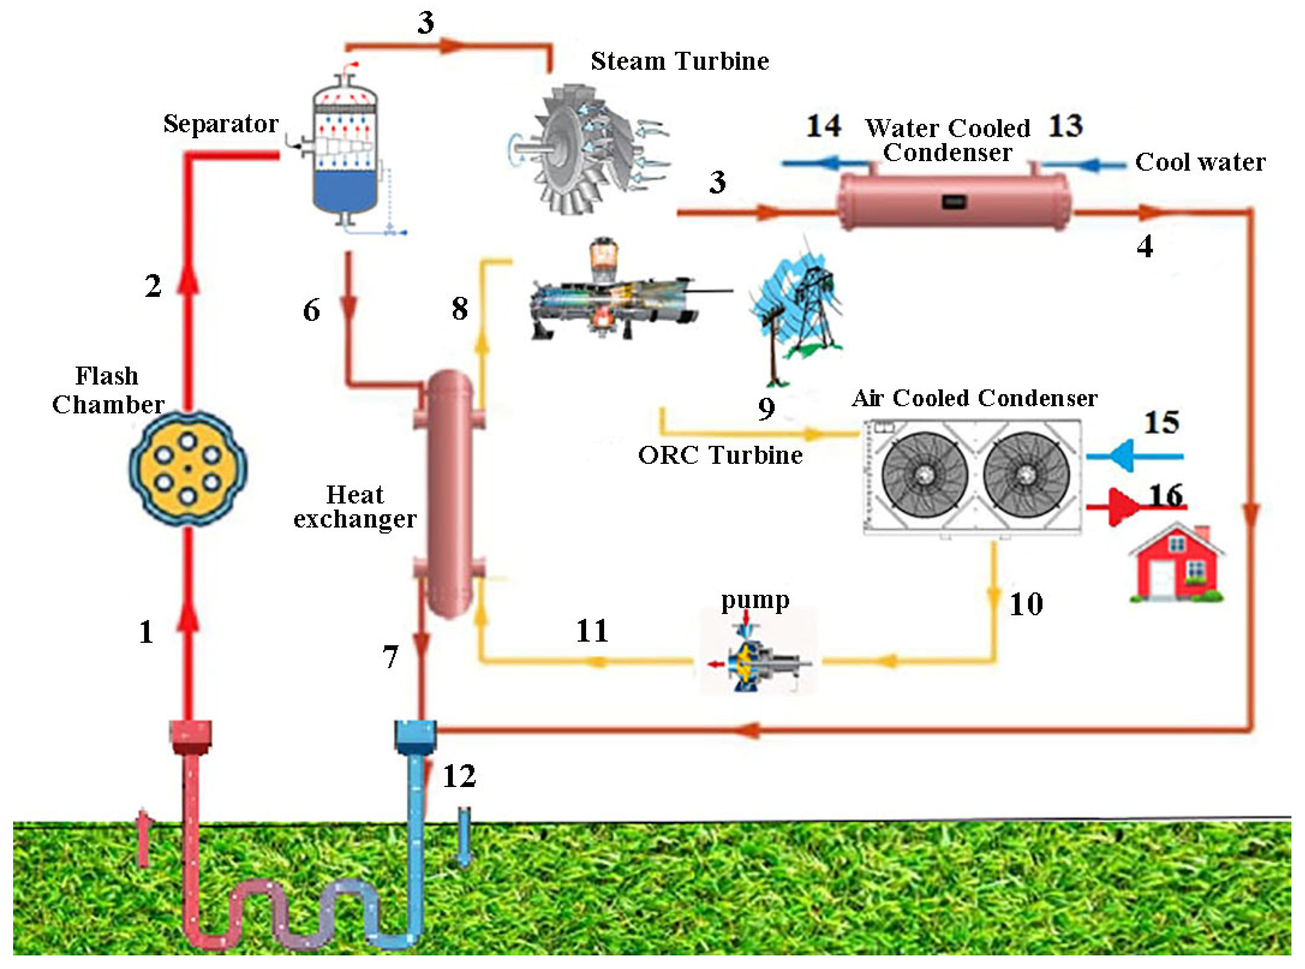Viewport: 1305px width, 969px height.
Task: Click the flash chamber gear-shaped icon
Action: point(188,468)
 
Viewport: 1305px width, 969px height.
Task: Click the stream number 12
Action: point(459,776)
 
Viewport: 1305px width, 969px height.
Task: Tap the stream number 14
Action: point(823,126)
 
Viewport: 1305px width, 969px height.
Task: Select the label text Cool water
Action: point(1200,162)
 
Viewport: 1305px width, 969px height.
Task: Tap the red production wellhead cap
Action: point(190,736)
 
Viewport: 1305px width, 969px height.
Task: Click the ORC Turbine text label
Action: point(720,455)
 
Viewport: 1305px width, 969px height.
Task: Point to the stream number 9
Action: point(766,409)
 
